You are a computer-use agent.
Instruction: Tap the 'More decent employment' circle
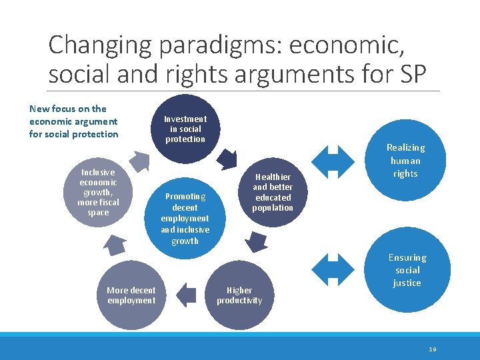[131, 295]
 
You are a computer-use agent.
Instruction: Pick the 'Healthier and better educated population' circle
[273, 193]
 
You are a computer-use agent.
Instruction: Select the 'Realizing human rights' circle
[405, 161]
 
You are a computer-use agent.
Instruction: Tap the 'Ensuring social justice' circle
[407, 269]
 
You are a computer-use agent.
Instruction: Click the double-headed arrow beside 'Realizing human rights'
[333, 160]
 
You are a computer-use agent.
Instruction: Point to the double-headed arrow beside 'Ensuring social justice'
[333, 268]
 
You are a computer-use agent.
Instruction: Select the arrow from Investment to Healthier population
[229, 159]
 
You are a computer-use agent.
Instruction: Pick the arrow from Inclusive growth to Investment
[139, 161]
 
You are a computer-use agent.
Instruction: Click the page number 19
[433, 349]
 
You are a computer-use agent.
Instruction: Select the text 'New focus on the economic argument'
[73, 115]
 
